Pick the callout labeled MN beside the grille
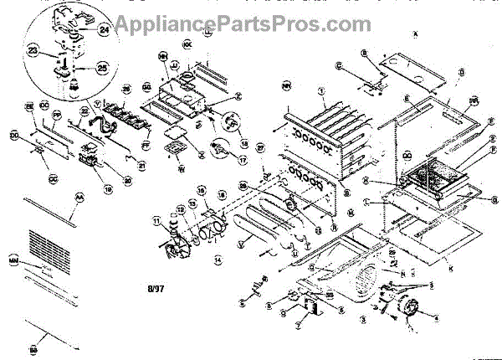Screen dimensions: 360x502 [14, 262]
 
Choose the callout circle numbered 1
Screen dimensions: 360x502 [320, 90]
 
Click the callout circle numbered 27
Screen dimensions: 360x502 [260, 147]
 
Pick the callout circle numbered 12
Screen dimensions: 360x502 [181, 209]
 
